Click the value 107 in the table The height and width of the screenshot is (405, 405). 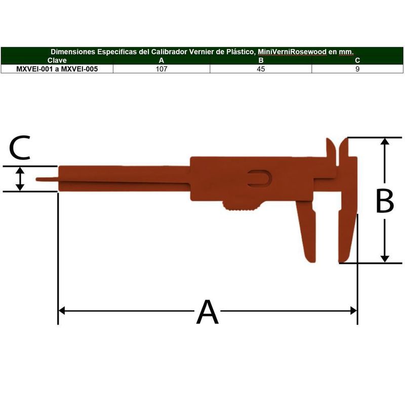point(161,69)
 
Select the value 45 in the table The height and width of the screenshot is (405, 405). point(261,69)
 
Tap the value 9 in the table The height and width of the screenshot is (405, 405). point(357,69)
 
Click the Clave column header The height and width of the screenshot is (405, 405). point(57,60)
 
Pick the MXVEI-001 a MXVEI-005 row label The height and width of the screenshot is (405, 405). point(57,69)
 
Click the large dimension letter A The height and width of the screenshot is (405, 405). point(208,312)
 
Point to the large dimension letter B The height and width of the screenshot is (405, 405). point(385,200)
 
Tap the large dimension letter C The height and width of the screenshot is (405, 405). point(20,147)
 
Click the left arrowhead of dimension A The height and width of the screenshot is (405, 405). point(62,311)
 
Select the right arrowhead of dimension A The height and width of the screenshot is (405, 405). point(353,311)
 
